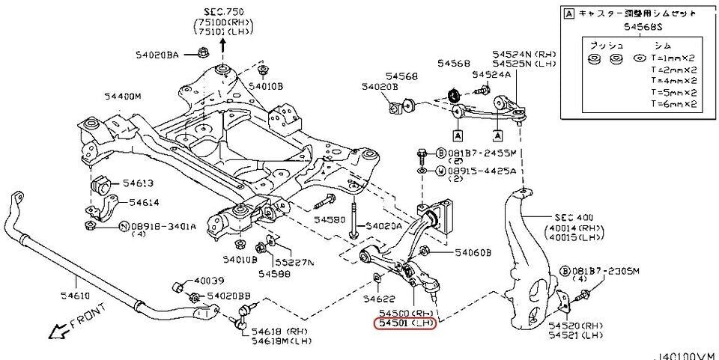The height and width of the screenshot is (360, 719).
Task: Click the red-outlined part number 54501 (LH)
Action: [404, 323]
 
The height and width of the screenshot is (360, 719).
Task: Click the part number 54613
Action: [138, 183]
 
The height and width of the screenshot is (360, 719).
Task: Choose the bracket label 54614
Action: [143, 202]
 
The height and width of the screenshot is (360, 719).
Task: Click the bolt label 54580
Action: [330, 219]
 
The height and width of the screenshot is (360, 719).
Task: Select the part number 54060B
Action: [473, 253]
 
